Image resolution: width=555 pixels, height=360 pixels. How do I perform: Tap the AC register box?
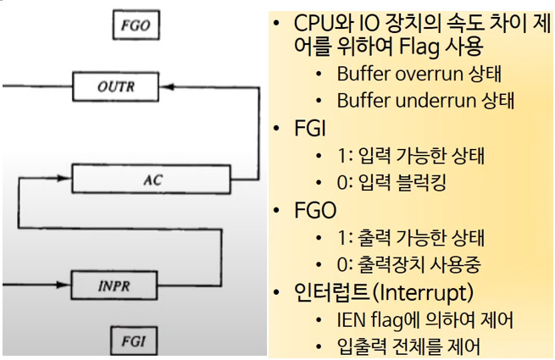point(151,180)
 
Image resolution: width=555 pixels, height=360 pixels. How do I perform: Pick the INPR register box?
point(116,281)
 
